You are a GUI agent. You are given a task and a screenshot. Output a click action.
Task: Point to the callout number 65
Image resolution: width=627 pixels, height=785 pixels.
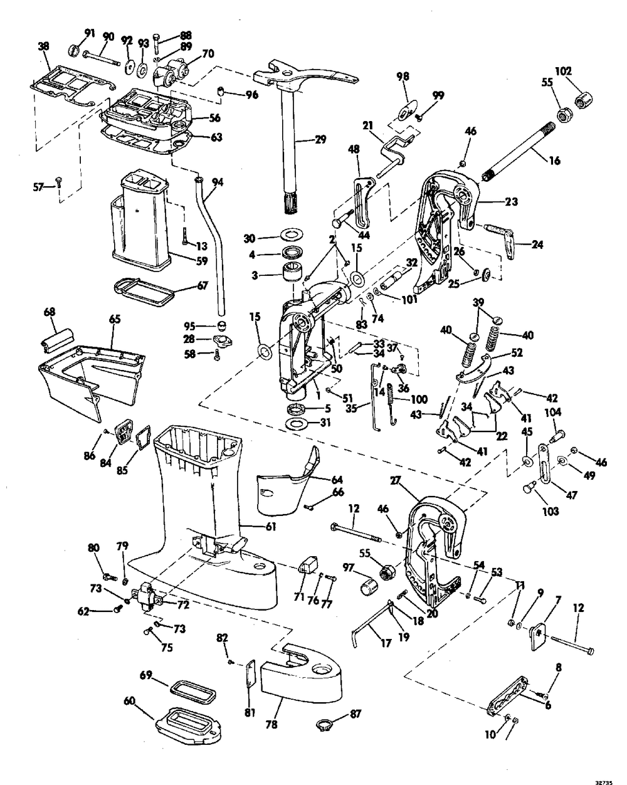[114, 319]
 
